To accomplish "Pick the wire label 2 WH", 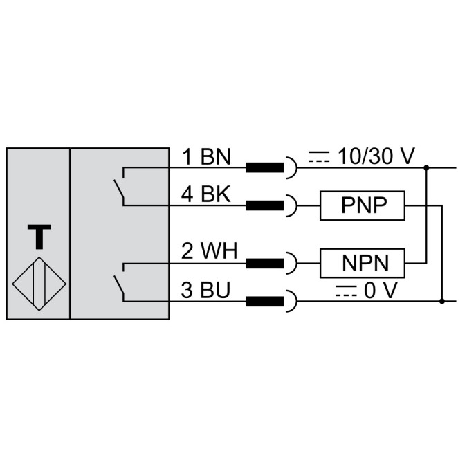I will click(x=208, y=252).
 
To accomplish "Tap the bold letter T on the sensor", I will click(x=39, y=237).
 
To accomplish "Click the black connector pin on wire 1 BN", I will click(x=264, y=167).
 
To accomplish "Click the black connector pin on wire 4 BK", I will click(x=264, y=205).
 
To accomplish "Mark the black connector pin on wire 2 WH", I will click(x=264, y=263).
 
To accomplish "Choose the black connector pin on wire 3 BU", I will click(x=264, y=301).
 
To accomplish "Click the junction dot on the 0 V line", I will click(x=443, y=301).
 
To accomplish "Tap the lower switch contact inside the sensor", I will click(x=119, y=282).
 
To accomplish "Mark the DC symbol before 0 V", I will click(x=344, y=291).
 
